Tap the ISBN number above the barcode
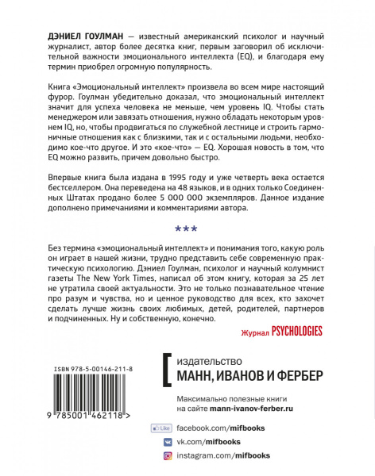tap(83, 370)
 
